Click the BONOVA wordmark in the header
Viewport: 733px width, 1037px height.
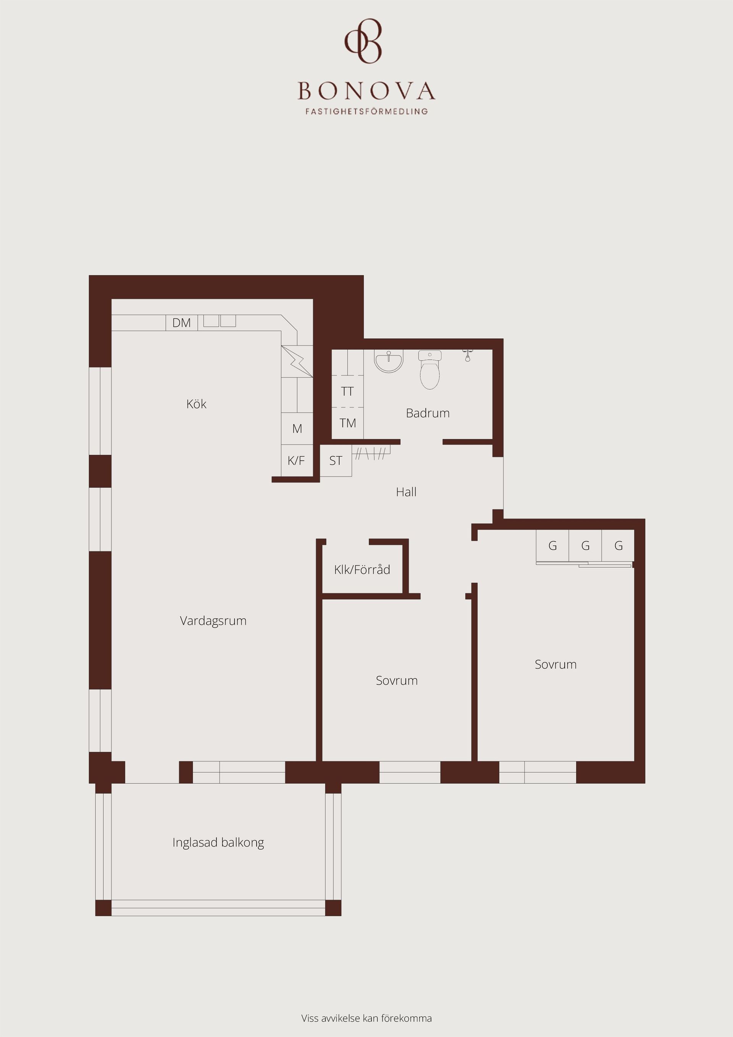coord(366,91)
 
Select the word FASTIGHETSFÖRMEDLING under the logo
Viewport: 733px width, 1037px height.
coord(366,111)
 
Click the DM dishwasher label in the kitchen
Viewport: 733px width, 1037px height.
coord(182,323)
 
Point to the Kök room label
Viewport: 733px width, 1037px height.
coord(197,404)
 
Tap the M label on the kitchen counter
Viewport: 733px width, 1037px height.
coord(297,429)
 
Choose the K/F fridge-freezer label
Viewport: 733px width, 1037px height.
coord(296,461)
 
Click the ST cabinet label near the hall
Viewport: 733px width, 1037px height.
coord(336,461)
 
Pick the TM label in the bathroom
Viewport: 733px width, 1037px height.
coord(348,423)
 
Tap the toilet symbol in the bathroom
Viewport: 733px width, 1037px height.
coord(429,370)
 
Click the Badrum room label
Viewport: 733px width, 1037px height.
coord(428,413)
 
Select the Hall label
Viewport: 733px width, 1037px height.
coord(406,492)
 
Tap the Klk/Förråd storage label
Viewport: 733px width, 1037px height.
coord(362,570)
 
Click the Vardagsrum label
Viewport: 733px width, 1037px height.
coord(213,621)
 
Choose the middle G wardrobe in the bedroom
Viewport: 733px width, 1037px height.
coord(585,546)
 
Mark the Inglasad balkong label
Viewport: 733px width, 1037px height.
coord(218,843)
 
